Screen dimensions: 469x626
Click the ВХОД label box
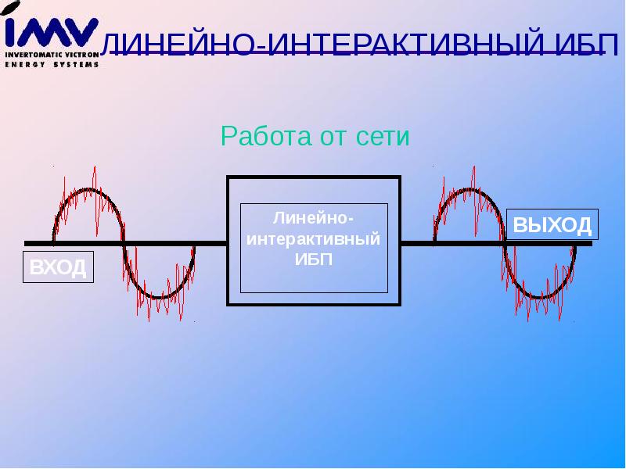(58, 267)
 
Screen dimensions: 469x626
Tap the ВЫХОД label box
(552, 225)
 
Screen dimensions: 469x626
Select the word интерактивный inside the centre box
(313, 238)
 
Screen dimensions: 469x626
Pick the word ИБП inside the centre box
(313, 260)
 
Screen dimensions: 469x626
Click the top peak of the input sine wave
(87, 190)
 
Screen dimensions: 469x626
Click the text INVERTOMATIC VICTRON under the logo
(52, 55)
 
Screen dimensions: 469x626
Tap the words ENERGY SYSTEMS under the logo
(52, 64)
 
